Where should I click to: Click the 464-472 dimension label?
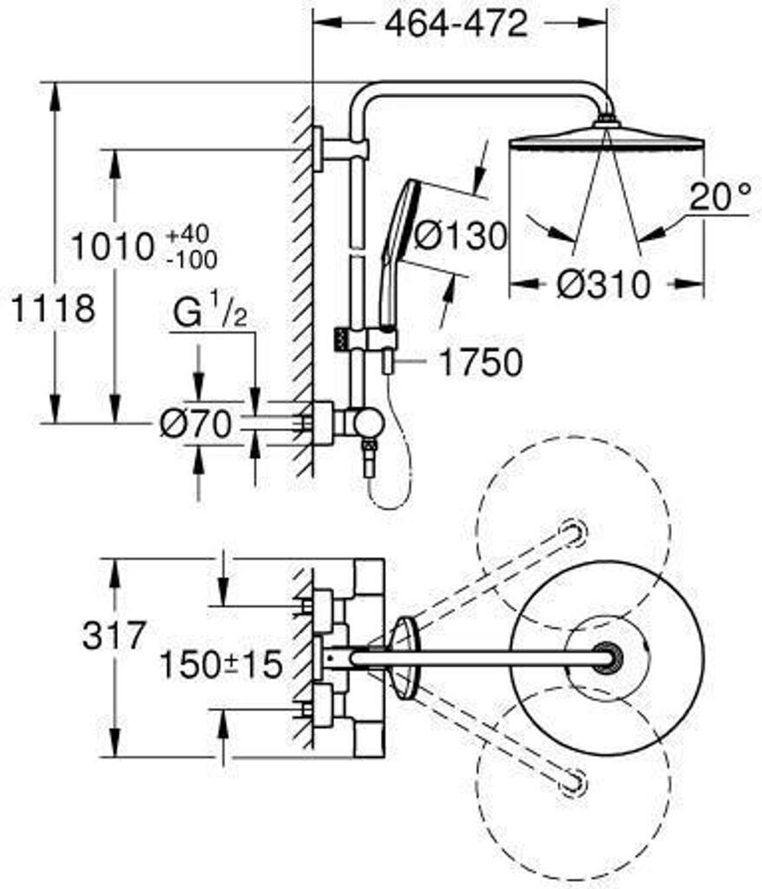(456, 23)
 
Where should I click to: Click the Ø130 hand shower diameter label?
(458, 234)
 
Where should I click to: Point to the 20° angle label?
(719, 198)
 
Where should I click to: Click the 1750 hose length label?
(479, 363)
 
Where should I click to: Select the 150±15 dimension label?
(220, 665)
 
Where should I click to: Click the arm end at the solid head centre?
(606, 657)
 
